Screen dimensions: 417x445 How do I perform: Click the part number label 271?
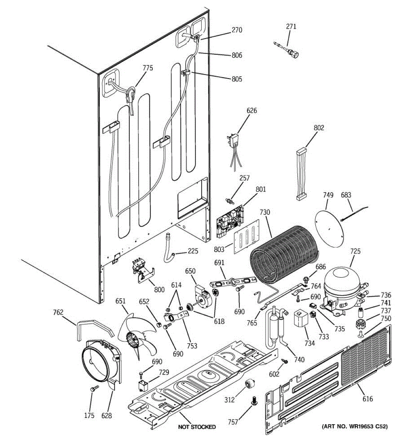(x=291, y=26)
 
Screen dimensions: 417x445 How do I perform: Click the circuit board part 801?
(x=230, y=221)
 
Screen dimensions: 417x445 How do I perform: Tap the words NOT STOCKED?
(x=197, y=427)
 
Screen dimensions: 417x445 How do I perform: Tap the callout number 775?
(x=148, y=67)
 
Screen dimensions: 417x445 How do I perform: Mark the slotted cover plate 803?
(x=247, y=237)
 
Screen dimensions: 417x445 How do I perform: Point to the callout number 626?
(x=252, y=111)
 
